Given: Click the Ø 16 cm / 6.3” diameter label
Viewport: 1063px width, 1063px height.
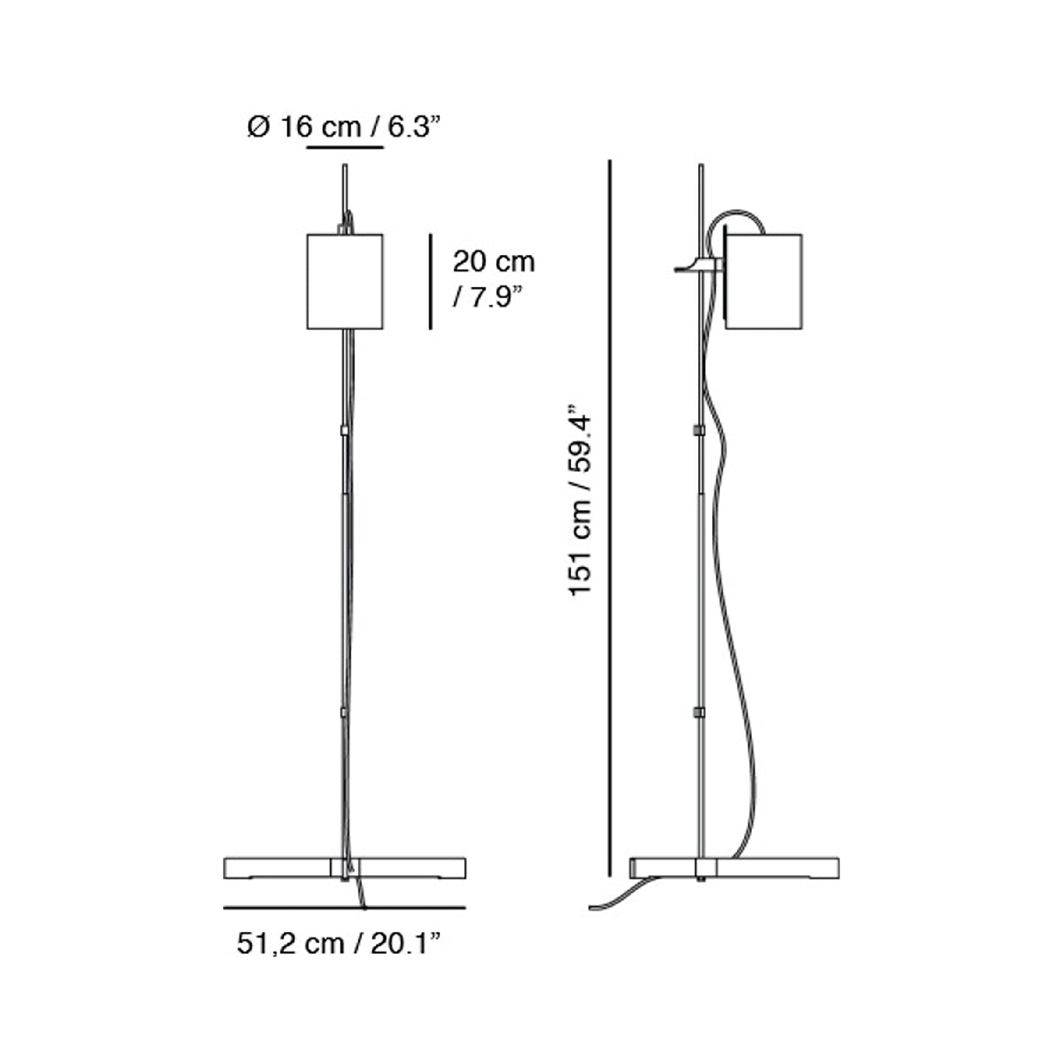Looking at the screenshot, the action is [x=344, y=127].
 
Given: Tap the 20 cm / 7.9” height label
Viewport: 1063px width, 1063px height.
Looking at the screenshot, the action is [x=494, y=280].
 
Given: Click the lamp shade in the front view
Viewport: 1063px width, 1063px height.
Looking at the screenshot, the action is [x=345, y=282].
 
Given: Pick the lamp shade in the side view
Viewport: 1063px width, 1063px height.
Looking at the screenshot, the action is [x=764, y=282].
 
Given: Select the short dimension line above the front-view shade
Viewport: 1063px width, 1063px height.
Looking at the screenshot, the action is [x=345, y=147].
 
